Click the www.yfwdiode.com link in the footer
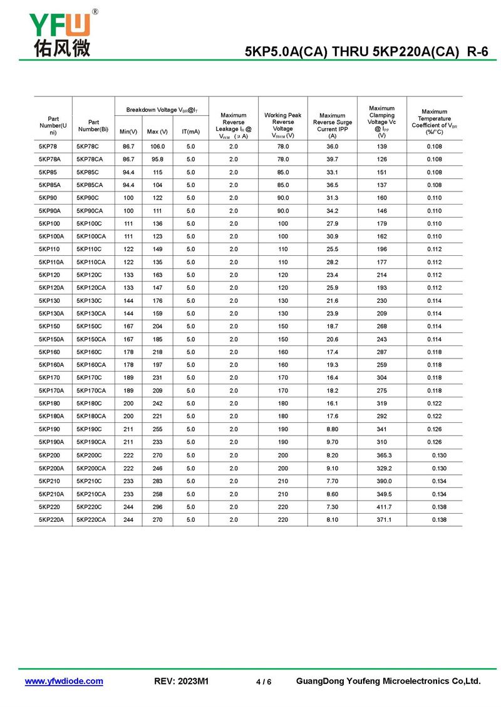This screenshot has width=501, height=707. (x=64, y=681)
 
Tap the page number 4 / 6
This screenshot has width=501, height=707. (x=264, y=682)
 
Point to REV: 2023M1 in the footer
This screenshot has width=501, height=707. (x=181, y=681)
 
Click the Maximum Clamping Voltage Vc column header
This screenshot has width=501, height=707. (x=382, y=121)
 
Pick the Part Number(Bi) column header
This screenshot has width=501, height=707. (x=93, y=126)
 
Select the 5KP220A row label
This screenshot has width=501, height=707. (x=51, y=519)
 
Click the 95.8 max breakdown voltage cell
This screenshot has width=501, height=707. (x=157, y=159)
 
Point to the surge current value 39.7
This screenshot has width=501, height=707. (x=333, y=159)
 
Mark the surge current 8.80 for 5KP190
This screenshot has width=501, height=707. (x=333, y=429)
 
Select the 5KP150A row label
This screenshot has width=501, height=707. (x=51, y=339)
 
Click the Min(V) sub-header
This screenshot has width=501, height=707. (x=128, y=131)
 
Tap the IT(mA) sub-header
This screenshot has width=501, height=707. (x=191, y=131)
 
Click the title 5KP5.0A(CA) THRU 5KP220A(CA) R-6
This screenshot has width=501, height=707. (x=366, y=53)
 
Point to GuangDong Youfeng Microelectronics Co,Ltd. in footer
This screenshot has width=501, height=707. (x=388, y=681)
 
